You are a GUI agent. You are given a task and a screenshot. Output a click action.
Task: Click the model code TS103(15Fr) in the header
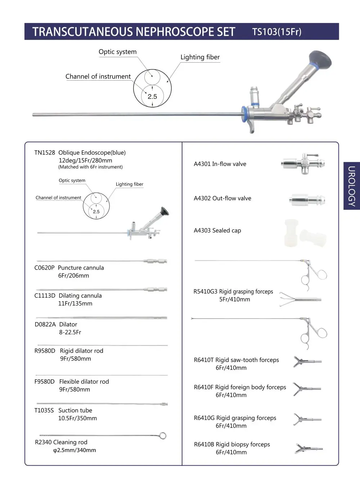pyautogui.click(x=276, y=32)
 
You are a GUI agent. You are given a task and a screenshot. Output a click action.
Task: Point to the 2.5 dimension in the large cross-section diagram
pyautogui.click(x=152, y=96)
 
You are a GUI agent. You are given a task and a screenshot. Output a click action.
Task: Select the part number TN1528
pyautogui.click(x=45, y=153)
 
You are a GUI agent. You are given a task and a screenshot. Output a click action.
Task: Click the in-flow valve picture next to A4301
pyautogui.click(x=303, y=164)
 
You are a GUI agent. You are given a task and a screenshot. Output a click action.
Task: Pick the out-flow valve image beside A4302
pyautogui.click(x=308, y=199)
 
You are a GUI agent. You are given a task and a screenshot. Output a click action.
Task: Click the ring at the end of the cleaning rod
pyautogui.click(x=163, y=436)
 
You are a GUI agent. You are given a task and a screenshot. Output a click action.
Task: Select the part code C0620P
pyautogui.click(x=44, y=268)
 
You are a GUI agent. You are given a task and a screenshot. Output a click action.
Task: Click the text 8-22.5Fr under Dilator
pyautogui.click(x=70, y=332)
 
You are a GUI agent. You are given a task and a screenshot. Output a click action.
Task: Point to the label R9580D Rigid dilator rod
pyautogui.click(x=69, y=351)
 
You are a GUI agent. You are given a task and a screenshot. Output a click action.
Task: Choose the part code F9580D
pyautogui.click(x=44, y=381)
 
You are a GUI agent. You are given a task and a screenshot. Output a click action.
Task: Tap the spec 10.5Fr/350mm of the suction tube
pyautogui.click(x=77, y=418)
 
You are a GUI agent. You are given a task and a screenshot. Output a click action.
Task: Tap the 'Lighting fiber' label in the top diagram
pyautogui.click(x=200, y=57)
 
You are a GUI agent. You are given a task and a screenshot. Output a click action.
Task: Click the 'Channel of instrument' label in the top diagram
pyautogui.click(x=98, y=76)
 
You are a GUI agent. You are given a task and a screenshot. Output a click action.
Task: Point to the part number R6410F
pyautogui.click(x=204, y=387)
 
